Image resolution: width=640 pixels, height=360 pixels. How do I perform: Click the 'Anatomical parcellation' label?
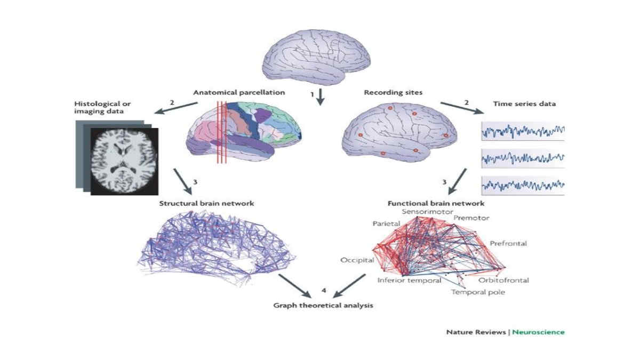pos(239,93)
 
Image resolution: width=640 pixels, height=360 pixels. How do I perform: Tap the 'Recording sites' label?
pos(393,93)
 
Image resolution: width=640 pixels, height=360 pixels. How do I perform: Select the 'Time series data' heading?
pos(524,103)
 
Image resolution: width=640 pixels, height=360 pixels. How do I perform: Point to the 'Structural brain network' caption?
pos(206,203)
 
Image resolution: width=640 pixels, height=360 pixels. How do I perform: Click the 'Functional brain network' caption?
pos(436,203)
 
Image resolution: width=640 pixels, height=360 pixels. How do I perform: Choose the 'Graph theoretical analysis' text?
pos(323,306)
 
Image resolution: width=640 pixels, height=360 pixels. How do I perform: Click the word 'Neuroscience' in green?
pos(538,332)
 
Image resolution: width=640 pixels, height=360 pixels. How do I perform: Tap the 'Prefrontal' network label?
pos(508,243)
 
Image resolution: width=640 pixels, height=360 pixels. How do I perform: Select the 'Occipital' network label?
pos(357,260)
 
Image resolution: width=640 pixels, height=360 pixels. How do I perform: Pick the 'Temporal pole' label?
pos(478,292)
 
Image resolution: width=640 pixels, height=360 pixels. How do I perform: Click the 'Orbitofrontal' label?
pos(503,281)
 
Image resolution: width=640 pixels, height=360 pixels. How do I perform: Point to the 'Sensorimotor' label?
pos(427,212)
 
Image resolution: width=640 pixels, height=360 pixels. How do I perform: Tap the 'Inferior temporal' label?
pos(410,281)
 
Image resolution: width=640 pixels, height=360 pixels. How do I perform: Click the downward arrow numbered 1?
pos(321,97)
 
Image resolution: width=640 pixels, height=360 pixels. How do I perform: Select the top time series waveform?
pos(523,131)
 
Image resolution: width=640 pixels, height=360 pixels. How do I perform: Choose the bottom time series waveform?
pos(523,186)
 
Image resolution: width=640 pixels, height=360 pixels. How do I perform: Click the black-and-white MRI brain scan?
pos(124,162)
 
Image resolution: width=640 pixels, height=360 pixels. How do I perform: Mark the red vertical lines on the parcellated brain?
pos(222,132)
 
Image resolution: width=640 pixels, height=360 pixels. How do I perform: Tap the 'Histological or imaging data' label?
pos(102,107)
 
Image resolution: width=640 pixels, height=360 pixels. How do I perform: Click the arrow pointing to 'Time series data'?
pos(462,108)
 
